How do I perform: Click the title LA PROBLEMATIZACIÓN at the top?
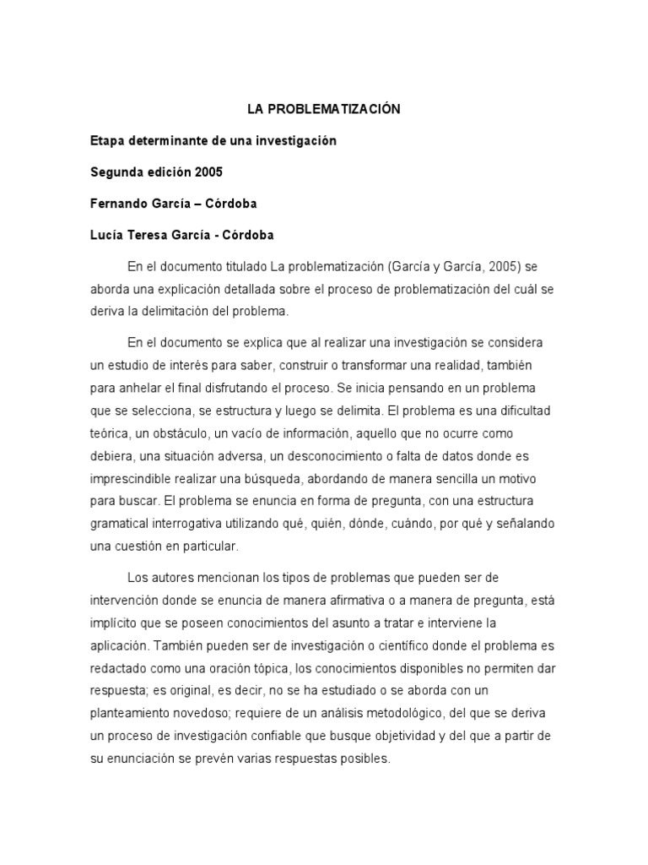(323, 109)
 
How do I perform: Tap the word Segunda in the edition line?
(116, 171)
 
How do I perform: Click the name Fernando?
(119, 203)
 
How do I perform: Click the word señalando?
(516, 522)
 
